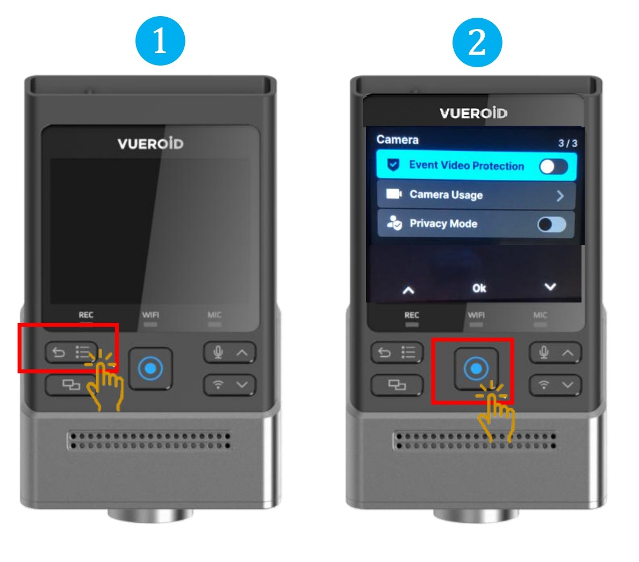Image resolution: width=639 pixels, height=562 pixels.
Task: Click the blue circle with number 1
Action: click(160, 41)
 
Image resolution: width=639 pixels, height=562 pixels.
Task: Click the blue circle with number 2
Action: click(477, 42)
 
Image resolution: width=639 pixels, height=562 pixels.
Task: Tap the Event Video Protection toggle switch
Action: click(554, 166)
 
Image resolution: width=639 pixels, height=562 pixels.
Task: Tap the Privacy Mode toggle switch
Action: click(552, 224)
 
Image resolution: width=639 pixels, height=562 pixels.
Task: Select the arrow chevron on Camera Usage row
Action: click(561, 196)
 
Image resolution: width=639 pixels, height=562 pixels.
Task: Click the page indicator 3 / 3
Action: click(568, 143)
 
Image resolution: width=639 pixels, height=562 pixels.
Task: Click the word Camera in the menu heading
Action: click(397, 140)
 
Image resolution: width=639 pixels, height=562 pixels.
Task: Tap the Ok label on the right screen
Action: click(479, 288)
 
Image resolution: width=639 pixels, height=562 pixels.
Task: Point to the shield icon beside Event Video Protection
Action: click(393, 165)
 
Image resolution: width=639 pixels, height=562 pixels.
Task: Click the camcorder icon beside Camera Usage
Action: click(394, 193)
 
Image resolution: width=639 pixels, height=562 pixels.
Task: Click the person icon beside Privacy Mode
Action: click(394, 223)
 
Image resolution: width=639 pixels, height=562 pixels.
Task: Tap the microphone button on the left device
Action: click(230, 352)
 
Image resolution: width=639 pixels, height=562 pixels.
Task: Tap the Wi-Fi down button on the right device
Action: click(556, 385)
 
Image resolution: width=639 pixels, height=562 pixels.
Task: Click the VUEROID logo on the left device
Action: click(150, 143)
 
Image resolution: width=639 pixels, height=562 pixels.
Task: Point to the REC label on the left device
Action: click(86, 315)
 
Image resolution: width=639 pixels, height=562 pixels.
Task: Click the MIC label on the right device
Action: click(540, 315)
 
